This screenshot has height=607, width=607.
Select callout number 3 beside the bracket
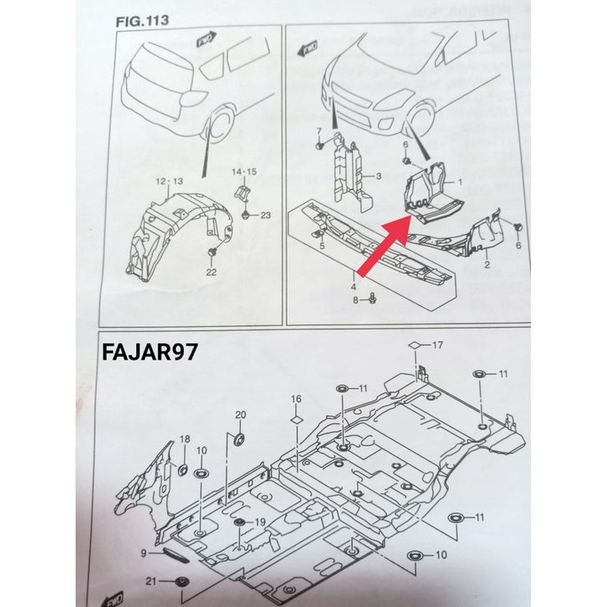coord(378,176)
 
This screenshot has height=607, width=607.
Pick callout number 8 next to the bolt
coord(355,298)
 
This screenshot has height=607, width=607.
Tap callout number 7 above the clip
coord(319,132)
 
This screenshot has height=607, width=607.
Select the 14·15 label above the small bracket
coord(243,171)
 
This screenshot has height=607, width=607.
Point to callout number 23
coord(266,216)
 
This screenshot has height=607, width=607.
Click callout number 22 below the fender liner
coord(211,272)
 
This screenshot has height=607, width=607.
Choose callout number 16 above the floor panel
coord(295,398)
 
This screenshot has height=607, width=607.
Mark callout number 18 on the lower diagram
coord(185,439)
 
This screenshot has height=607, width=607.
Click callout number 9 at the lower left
coord(144,553)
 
